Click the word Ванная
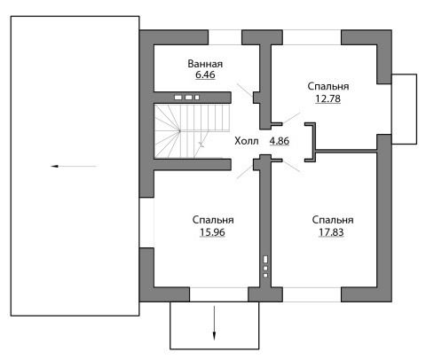coord(205,64)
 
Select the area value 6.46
coord(205,74)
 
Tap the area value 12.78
coord(327,98)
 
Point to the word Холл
coord(247,141)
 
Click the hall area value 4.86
coord(280,141)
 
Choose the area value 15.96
coord(212,232)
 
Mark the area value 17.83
coord(331,232)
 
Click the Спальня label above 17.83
coord(333,220)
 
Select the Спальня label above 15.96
coord(213,220)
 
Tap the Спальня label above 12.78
coord(328,86)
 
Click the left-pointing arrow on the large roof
coord(74,167)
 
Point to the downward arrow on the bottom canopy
coord(214,323)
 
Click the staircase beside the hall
coord(193,131)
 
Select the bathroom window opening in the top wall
coord(225,37)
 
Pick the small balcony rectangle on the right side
coord(404,109)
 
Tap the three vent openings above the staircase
coord(186,98)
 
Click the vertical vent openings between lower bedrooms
coord(265,267)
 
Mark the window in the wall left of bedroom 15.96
coord(146,223)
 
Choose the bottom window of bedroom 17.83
coord(312,294)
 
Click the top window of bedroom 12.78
coord(312,37)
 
